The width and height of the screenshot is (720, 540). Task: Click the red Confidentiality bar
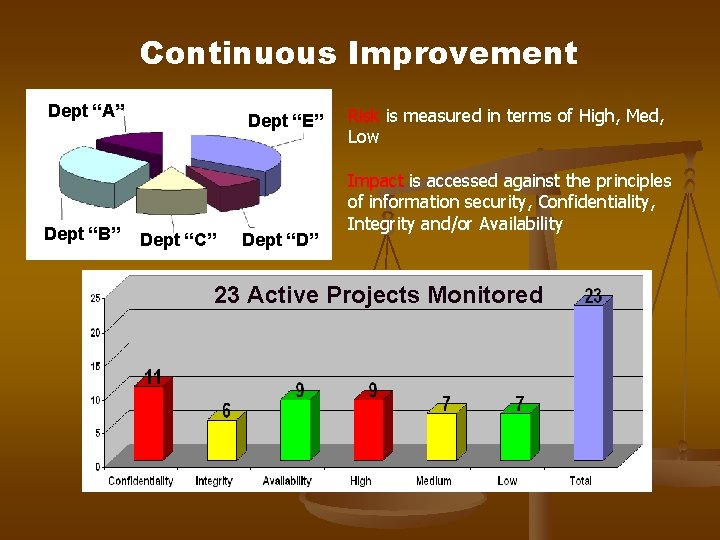[x=149, y=423]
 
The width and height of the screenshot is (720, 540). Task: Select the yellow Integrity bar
[x=222, y=440]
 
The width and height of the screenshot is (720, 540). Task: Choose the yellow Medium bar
[x=441, y=437]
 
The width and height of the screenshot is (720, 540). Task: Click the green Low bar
[x=515, y=437]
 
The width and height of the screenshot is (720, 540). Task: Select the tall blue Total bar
[x=588, y=382]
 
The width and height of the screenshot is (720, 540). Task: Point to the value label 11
[x=152, y=378]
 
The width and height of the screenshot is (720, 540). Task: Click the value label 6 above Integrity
[x=227, y=411]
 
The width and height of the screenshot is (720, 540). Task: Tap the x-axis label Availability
[x=287, y=481]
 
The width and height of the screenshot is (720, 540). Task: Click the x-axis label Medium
[x=433, y=481]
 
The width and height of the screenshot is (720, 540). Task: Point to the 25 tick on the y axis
[x=94, y=299]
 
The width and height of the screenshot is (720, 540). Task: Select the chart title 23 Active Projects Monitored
[x=378, y=295]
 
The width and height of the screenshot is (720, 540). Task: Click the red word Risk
[x=363, y=116]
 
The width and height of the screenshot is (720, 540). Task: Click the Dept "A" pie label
[x=86, y=111]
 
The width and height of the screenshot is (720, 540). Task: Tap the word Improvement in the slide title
[x=462, y=53]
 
